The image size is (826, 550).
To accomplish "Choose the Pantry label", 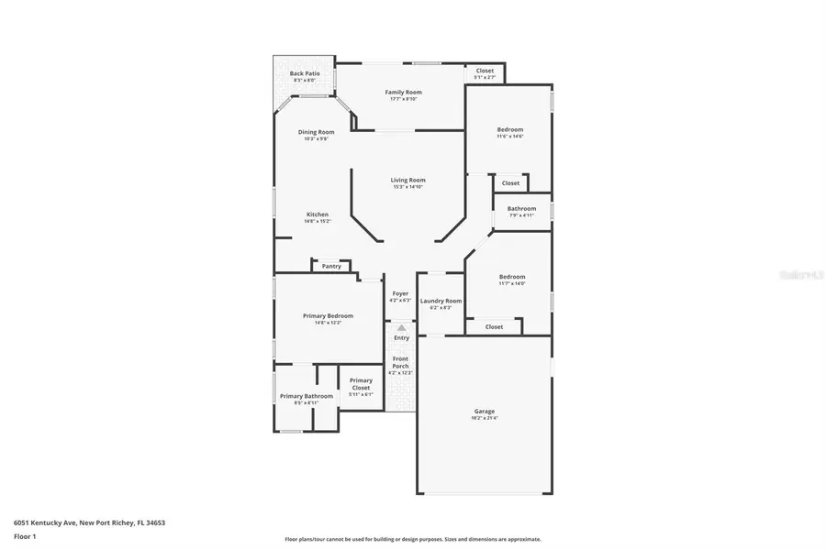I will pos(331,266).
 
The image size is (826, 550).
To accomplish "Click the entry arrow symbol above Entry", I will pos(401,327).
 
